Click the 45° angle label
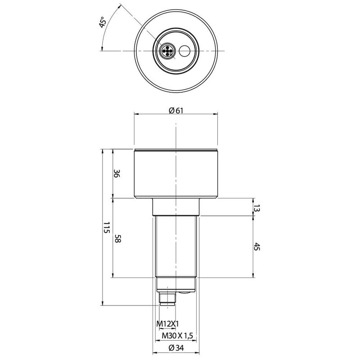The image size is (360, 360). point(102,23)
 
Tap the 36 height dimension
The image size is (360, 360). point(117,174)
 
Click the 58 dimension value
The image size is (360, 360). point(118,239)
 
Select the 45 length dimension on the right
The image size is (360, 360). point(256,247)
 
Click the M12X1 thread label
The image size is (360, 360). point(167,324)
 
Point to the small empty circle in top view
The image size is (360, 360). point(184,51)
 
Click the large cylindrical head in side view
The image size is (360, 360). point(176,174)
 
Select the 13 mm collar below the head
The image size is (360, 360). point(175,207)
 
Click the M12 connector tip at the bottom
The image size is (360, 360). point(168,298)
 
